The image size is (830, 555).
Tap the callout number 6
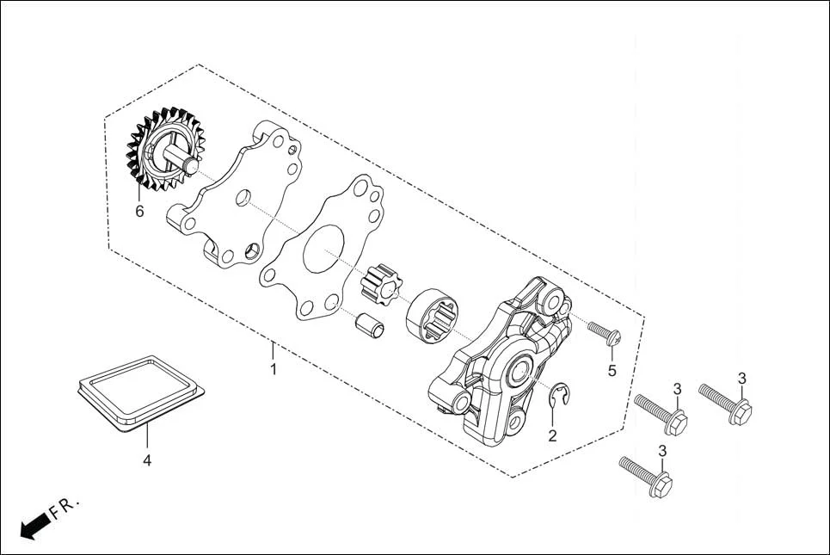point(139,211)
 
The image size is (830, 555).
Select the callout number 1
point(274,369)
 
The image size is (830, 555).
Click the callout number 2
point(552,435)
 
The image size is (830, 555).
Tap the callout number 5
point(612,370)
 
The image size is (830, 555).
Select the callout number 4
point(147,460)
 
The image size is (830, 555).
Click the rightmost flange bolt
point(726,404)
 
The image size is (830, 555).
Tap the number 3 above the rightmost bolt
point(741,378)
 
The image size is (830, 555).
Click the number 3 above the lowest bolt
point(662,450)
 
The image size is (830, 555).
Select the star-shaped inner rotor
point(383,285)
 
